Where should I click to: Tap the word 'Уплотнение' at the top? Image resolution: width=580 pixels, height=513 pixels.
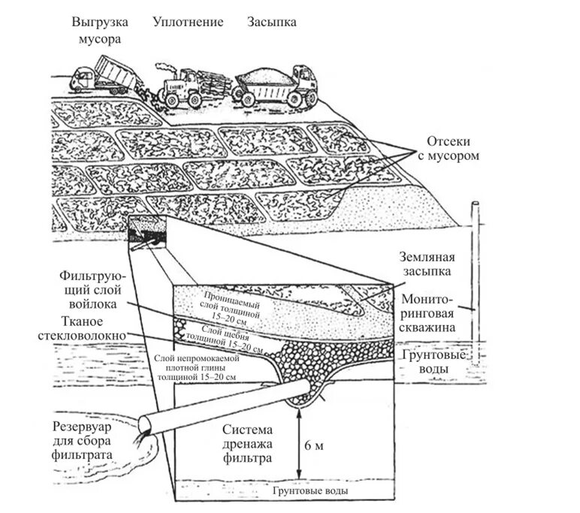(x=188, y=22)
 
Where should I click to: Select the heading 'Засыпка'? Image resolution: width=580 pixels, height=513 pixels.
(x=272, y=22)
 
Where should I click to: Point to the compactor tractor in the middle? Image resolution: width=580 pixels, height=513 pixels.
(x=190, y=85)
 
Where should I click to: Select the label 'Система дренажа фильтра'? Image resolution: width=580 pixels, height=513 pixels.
(x=247, y=442)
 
